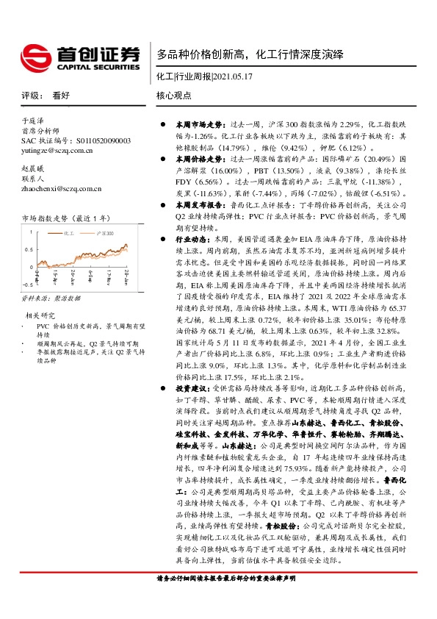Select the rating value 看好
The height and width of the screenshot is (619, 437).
point(61,96)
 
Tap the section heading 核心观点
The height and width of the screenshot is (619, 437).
point(173,96)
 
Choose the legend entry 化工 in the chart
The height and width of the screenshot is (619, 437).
point(71,232)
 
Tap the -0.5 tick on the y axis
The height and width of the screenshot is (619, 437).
point(26,283)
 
